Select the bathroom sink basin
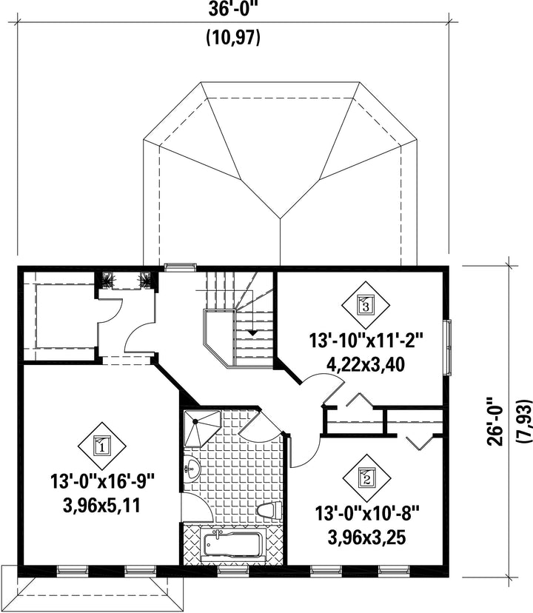pos(192,468)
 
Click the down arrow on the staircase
pos(254,333)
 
